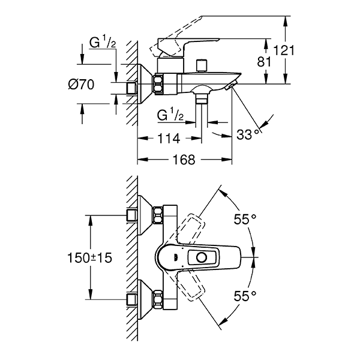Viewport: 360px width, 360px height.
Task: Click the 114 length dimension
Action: point(168,139)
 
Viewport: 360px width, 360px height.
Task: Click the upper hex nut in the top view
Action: point(158,215)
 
